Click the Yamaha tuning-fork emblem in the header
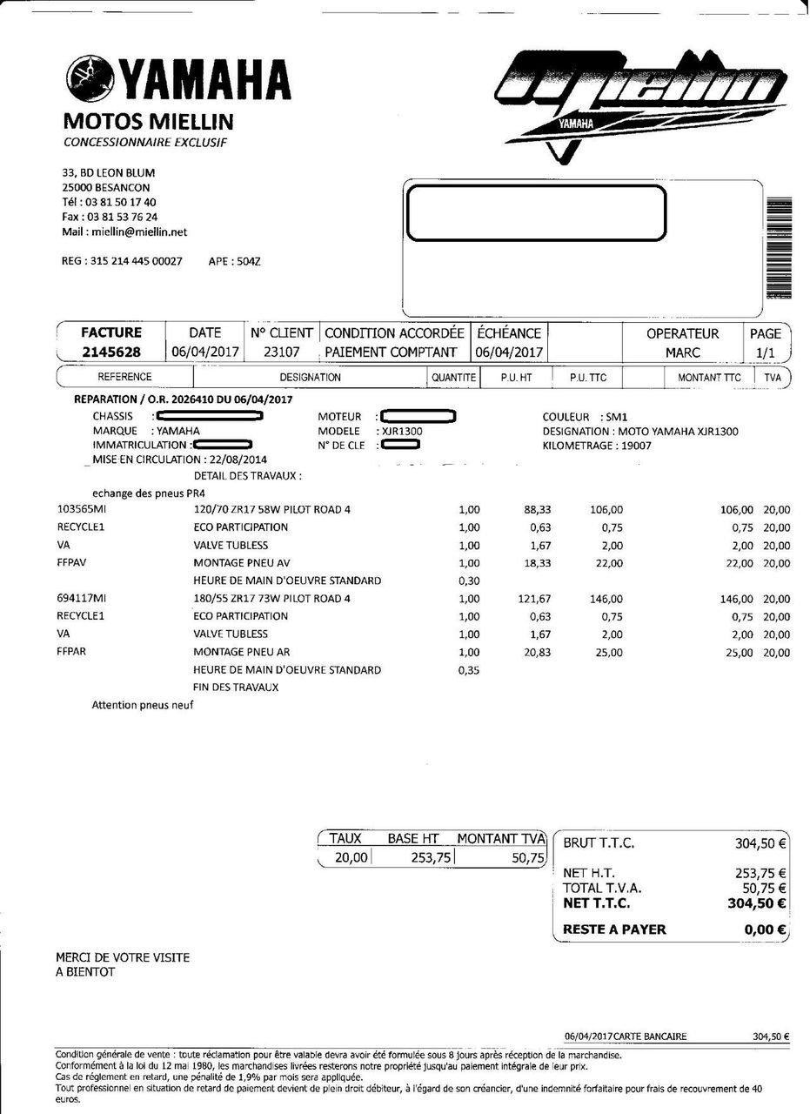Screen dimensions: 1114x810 tap(88, 78)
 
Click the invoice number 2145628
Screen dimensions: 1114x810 tap(110, 352)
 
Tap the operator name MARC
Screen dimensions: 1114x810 tap(683, 352)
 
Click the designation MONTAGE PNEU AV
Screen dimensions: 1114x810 tap(242, 563)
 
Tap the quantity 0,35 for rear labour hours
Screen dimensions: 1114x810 tap(468, 670)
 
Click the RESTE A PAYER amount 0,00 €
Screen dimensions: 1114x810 tap(766, 929)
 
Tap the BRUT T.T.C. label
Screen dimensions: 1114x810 tap(599, 842)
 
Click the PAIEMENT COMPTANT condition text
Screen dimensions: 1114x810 tap(391, 352)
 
